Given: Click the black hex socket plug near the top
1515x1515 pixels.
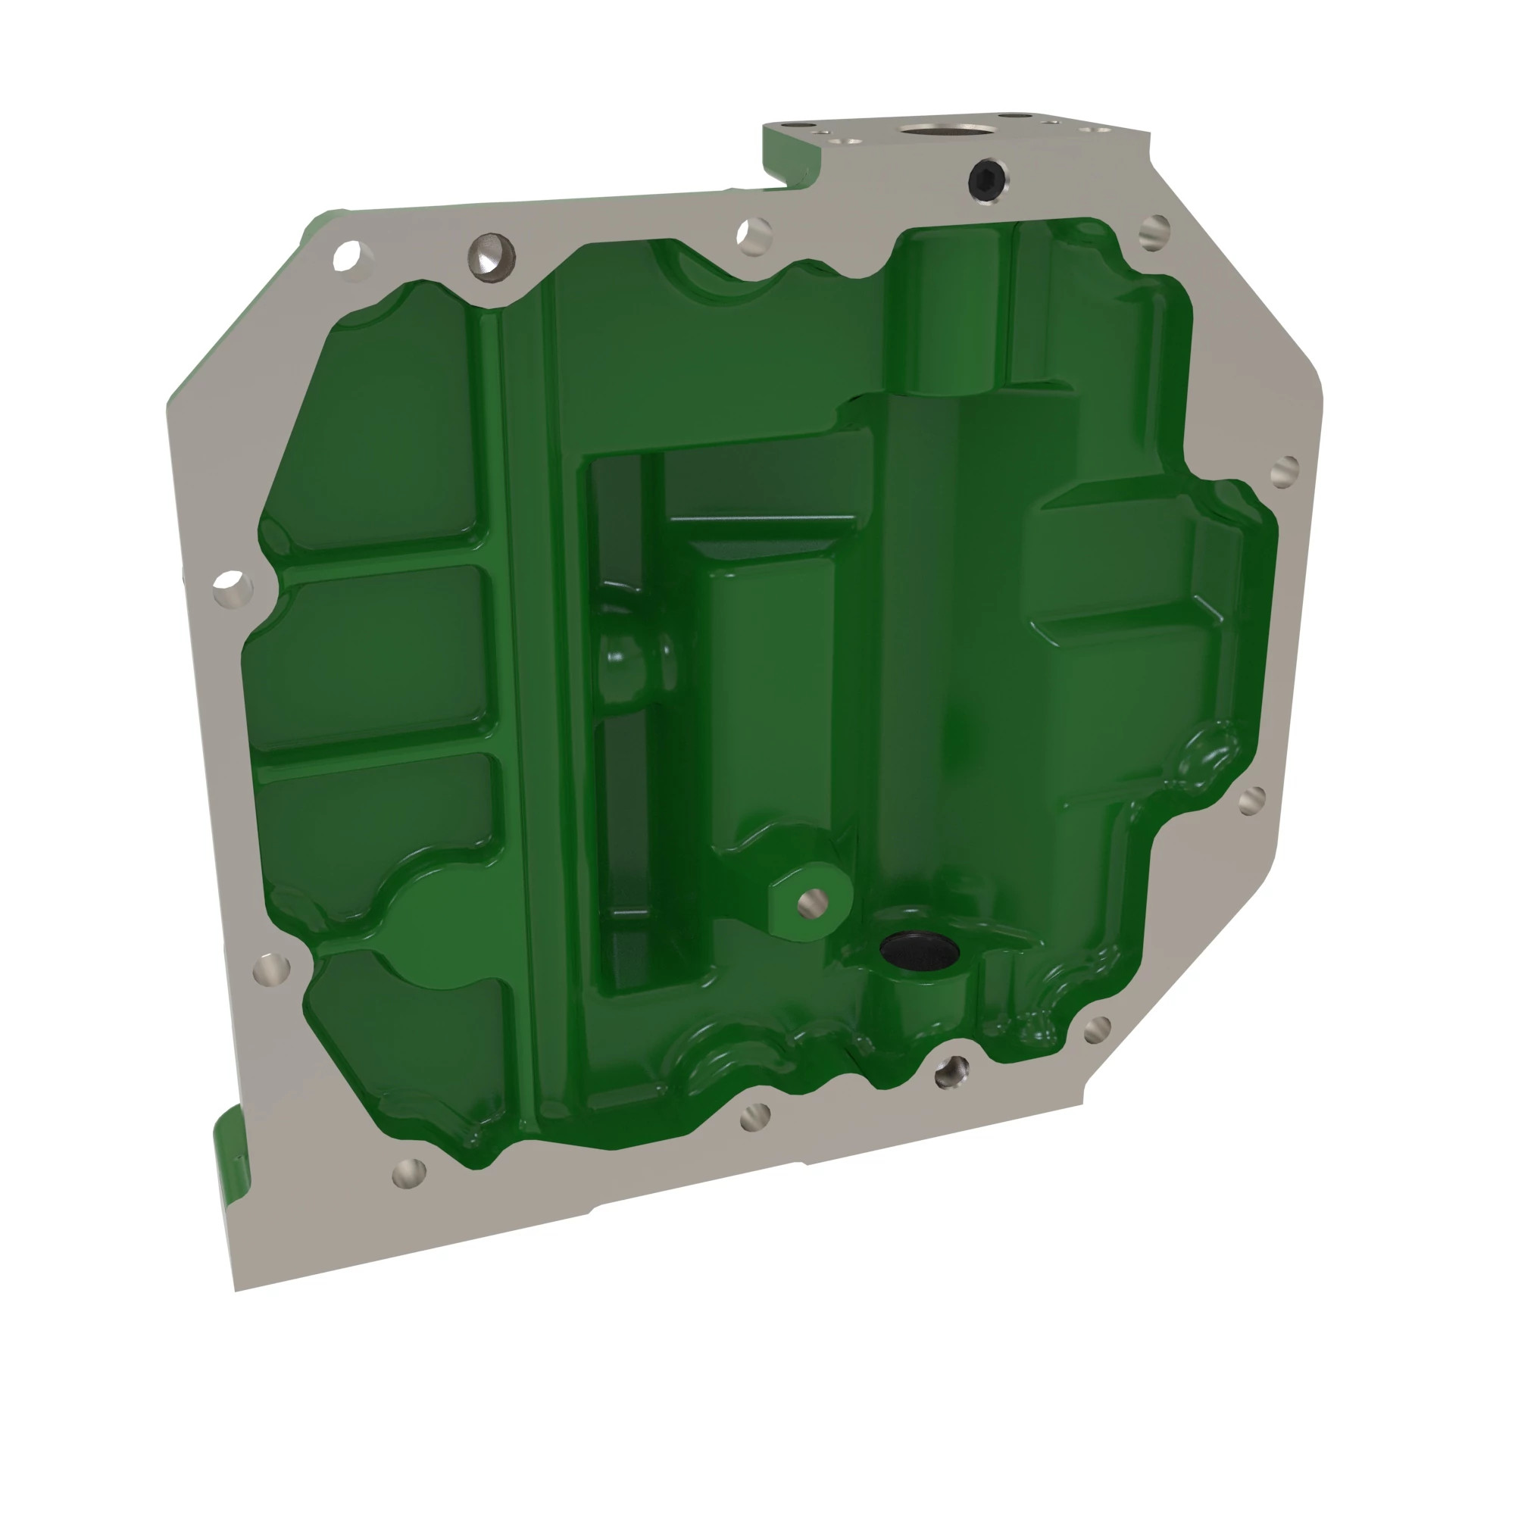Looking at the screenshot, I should click(x=986, y=180).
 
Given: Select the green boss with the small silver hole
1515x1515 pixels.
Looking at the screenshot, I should click(x=812, y=901).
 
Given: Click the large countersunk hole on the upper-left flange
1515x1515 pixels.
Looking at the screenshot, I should click(x=492, y=255).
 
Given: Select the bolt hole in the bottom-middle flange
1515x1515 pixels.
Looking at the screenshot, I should click(x=754, y=1117).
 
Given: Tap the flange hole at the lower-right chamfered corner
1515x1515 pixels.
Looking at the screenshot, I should click(x=1096, y=1029).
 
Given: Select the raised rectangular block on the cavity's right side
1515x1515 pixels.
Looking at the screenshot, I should click(x=1114, y=557).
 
